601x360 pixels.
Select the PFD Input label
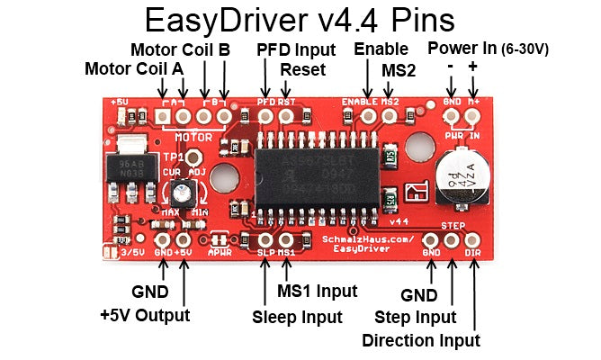pyautogui.click(x=296, y=49)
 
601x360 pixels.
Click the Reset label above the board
pyautogui.click(x=297, y=69)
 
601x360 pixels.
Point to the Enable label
pyautogui.click(x=381, y=49)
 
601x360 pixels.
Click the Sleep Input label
pyautogui.click(x=297, y=317)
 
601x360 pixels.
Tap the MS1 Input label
pyautogui.click(x=317, y=291)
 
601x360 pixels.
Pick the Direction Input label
pyautogui.click(x=420, y=340)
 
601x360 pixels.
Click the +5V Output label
pyautogui.click(x=145, y=315)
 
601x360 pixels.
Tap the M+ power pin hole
pyautogui.click(x=472, y=116)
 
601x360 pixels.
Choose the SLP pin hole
pyautogui.click(x=265, y=239)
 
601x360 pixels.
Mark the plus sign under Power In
pyautogui.click(x=473, y=68)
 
